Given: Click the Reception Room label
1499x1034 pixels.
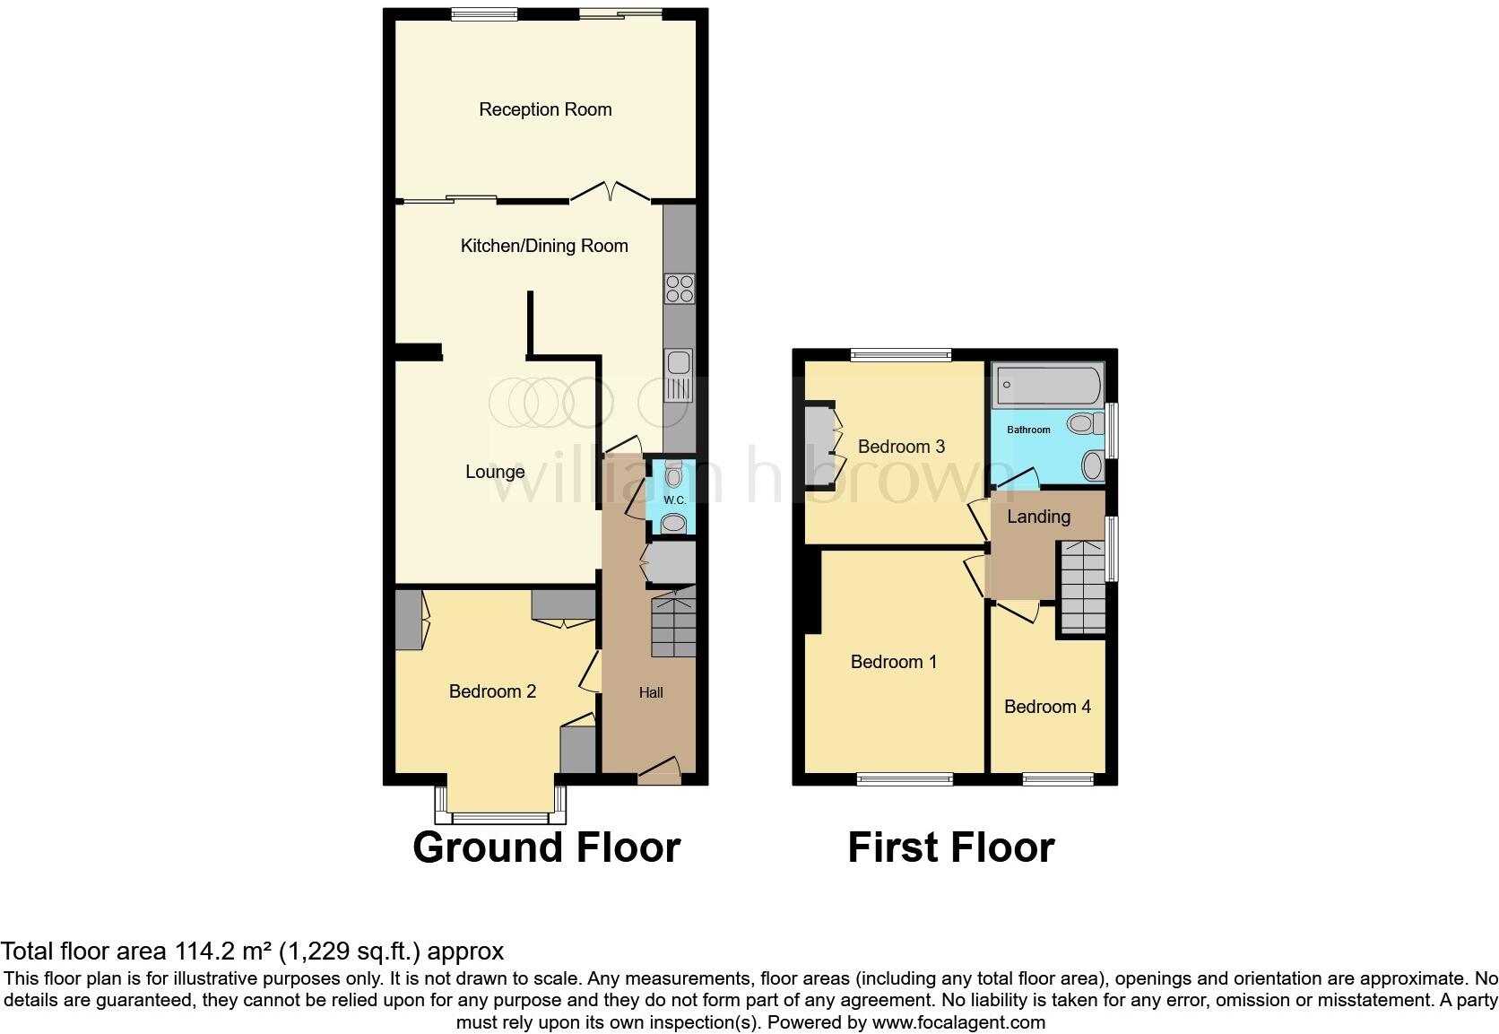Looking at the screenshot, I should tap(545, 109).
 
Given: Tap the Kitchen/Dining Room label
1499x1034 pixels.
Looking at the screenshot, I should tap(543, 246).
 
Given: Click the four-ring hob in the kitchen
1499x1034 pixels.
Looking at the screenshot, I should tap(679, 289).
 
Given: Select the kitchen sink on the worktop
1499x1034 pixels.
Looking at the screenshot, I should tap(677, 363).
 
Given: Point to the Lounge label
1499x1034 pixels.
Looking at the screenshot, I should tap(495, 472).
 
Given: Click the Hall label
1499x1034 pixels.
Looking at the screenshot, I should tap(651, 692).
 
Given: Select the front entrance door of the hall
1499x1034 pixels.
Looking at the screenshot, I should tap(659, 770).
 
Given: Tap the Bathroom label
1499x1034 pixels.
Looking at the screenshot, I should tap(1028, 430).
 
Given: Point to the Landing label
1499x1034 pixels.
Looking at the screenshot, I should tap(1038, 517).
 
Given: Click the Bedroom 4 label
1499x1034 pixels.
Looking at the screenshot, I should tap(1047, 707).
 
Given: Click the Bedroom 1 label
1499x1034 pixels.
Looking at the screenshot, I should tap(894, 662).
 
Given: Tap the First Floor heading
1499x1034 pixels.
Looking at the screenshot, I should tap(950, 847).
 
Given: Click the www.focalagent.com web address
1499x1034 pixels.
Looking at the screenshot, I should tap(958, 1021).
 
